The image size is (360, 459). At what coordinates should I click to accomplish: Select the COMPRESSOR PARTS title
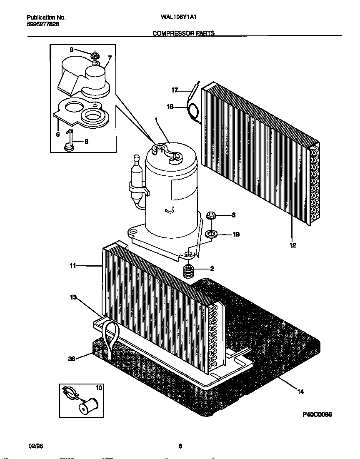184,33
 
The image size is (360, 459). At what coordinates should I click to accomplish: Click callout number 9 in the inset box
71,49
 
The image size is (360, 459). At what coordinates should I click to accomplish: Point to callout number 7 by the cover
110,58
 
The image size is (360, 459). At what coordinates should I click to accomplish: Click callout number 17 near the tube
175,90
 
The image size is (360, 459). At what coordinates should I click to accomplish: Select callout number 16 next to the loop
170,107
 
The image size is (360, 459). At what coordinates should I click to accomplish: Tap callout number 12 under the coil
292,245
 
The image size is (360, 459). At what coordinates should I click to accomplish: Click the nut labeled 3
211,215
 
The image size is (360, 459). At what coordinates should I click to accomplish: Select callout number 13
74,297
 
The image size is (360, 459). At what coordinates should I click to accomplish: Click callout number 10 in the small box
98,388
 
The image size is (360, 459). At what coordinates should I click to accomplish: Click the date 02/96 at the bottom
36,446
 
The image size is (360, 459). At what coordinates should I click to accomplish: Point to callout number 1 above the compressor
156,120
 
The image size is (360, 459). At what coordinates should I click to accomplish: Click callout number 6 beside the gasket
57,134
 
